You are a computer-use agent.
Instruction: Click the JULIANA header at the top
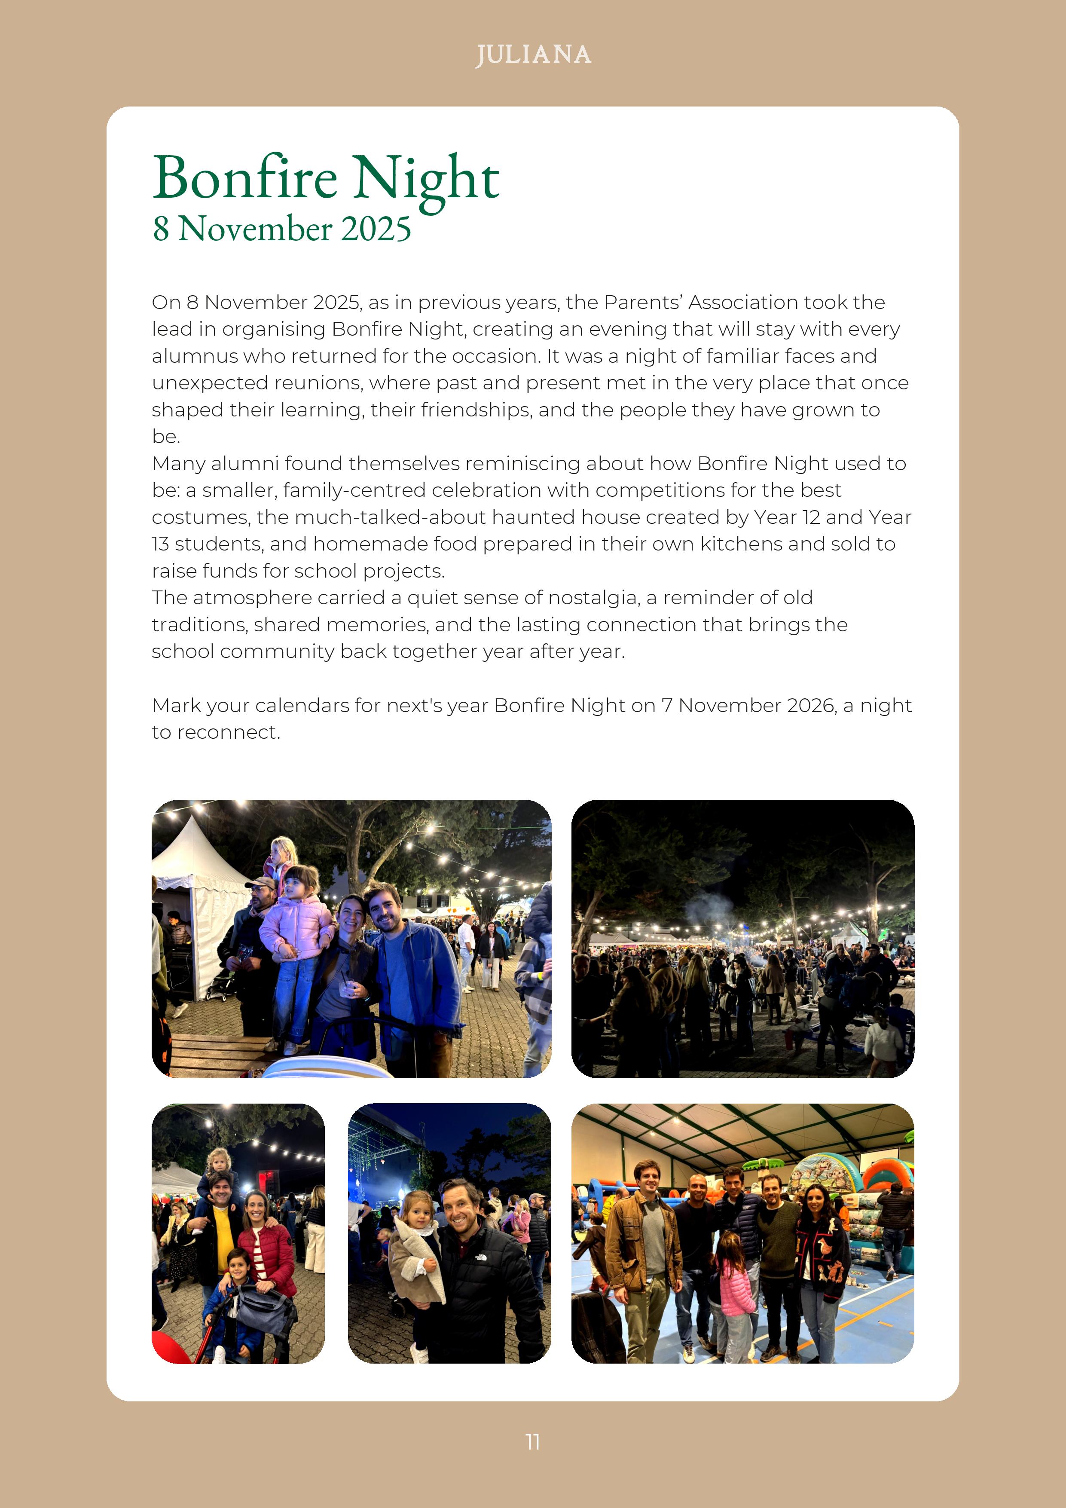click(533, 55)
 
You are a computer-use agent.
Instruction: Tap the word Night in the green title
click(427, 179)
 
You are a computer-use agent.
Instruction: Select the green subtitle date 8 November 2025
click(282, 229)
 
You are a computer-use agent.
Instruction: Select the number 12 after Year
click(811, 517)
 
